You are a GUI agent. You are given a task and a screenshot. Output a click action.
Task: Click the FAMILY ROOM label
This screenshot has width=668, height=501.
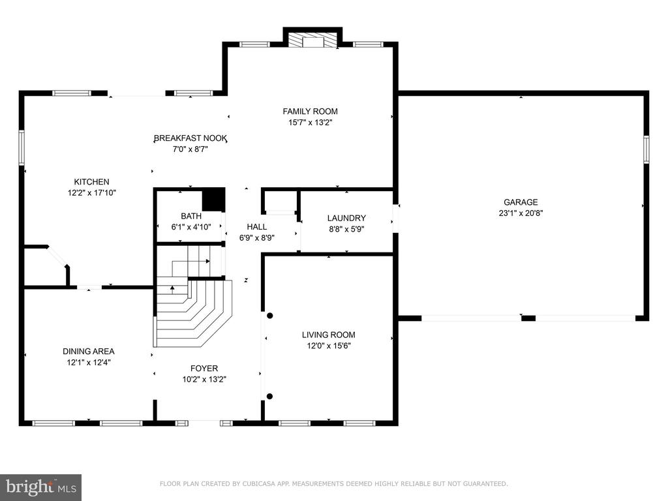point(310,112)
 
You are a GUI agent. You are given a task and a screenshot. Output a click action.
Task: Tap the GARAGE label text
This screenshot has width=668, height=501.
point(521,202)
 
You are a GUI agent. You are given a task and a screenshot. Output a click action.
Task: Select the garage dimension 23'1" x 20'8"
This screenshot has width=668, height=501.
point(521,213)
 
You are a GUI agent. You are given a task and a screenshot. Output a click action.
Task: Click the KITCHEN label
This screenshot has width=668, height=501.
point(91,182)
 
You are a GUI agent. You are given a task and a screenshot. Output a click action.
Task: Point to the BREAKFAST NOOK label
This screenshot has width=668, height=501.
point(190,138)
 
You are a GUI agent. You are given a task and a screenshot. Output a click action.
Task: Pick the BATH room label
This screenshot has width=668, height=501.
point(191,217)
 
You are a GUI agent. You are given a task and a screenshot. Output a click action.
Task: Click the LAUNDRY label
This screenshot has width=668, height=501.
point(346,219)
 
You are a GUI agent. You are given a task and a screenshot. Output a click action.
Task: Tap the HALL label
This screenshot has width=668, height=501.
point(257,227)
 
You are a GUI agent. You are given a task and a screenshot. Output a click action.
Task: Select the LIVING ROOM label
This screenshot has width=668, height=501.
point(329,335)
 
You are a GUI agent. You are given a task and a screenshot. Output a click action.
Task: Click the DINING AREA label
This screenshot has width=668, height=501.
point(89,352)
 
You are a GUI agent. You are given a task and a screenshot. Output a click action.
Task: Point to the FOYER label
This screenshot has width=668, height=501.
point(204,369)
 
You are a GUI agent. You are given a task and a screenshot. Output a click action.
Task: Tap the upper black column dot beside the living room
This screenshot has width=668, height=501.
point(269,316)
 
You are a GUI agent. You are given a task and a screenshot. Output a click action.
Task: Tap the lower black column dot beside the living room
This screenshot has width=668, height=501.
point(269,396)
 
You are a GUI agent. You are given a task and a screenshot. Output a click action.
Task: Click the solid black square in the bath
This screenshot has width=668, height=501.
point(213,200)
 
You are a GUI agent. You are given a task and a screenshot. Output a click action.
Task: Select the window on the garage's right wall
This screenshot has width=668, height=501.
point(646,149)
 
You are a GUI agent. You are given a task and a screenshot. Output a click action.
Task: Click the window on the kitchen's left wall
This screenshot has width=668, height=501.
point(22,147)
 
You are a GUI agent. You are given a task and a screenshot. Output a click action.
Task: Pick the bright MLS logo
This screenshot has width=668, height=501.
point(41,487)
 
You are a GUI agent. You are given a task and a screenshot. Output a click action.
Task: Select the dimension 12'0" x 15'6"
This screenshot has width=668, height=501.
point(329,346)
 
